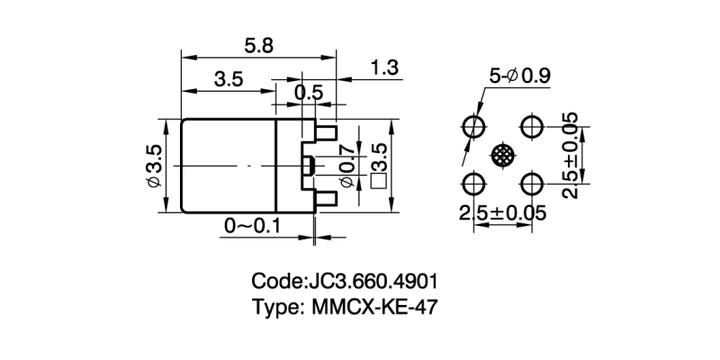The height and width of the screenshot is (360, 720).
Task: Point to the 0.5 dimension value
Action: (x=309, y=92)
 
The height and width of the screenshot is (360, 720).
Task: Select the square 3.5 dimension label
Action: (x=378, y=166)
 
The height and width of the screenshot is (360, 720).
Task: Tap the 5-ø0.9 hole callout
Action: (x=519, y=76)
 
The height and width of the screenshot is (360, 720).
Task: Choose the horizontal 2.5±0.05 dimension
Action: (x=502, y=214)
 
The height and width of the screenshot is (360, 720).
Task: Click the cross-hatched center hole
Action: (x=502, y=155)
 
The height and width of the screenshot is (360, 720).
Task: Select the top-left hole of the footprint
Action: (x=472, y=124)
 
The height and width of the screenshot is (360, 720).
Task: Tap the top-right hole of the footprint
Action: (x=532, y=124)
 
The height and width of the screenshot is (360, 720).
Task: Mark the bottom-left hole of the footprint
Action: (x=472, y=184)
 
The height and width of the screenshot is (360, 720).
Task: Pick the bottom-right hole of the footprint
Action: (x=532, y=184)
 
